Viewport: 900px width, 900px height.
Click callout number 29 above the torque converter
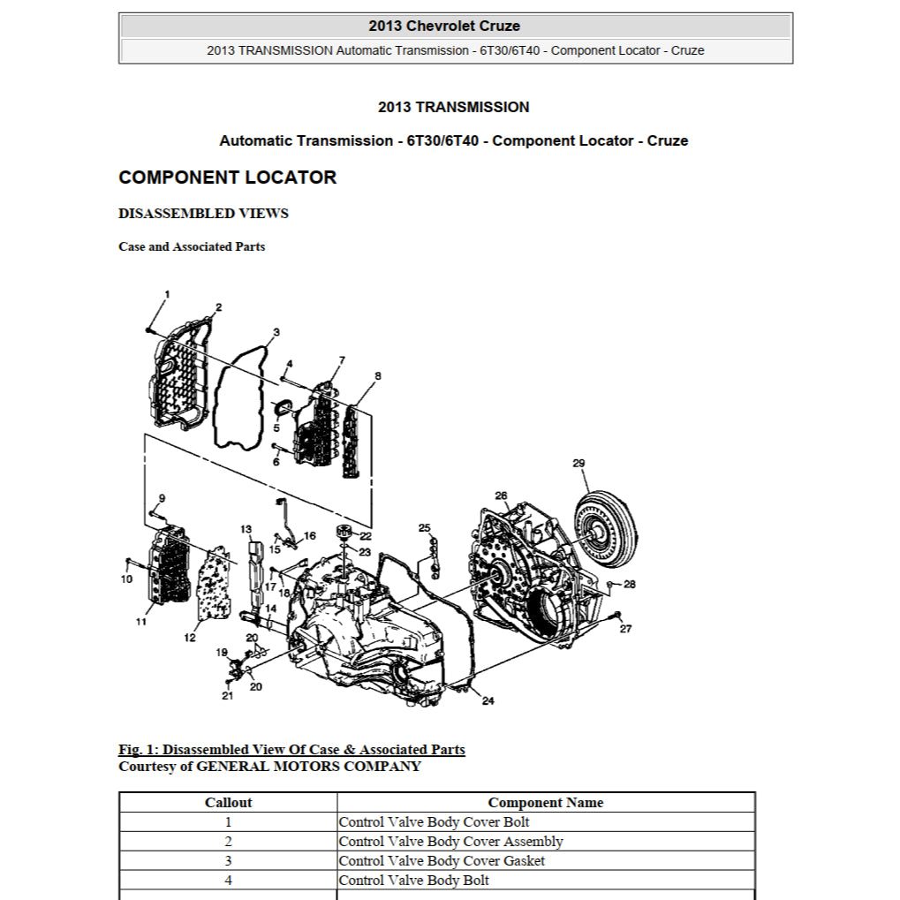point(579,463)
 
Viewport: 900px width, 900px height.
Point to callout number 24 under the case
point(488,701)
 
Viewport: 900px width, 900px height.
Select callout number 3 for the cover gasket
point(276,333)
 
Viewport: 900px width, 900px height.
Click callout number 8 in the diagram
point(378,376)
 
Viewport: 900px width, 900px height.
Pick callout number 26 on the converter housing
point(501,495)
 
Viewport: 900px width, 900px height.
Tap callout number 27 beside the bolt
point(625,629)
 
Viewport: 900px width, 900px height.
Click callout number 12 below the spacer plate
point(190,638)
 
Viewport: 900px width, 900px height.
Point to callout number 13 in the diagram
point(246,529)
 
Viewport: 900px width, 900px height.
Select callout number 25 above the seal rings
point(424,528)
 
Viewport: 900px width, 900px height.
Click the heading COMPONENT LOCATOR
point(227,178)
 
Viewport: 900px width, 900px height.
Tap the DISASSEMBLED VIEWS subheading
point(203,214)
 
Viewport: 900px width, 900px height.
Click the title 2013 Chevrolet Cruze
point(456,26)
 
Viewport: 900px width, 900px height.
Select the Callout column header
point(228,803)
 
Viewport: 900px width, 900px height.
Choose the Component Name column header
point(545,803)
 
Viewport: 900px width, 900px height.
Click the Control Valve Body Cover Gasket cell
point(442,861)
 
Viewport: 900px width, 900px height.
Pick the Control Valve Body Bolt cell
point(413,881)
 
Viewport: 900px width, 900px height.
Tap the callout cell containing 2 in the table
point(228,842)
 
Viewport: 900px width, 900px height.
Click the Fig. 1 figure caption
point(291,750)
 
